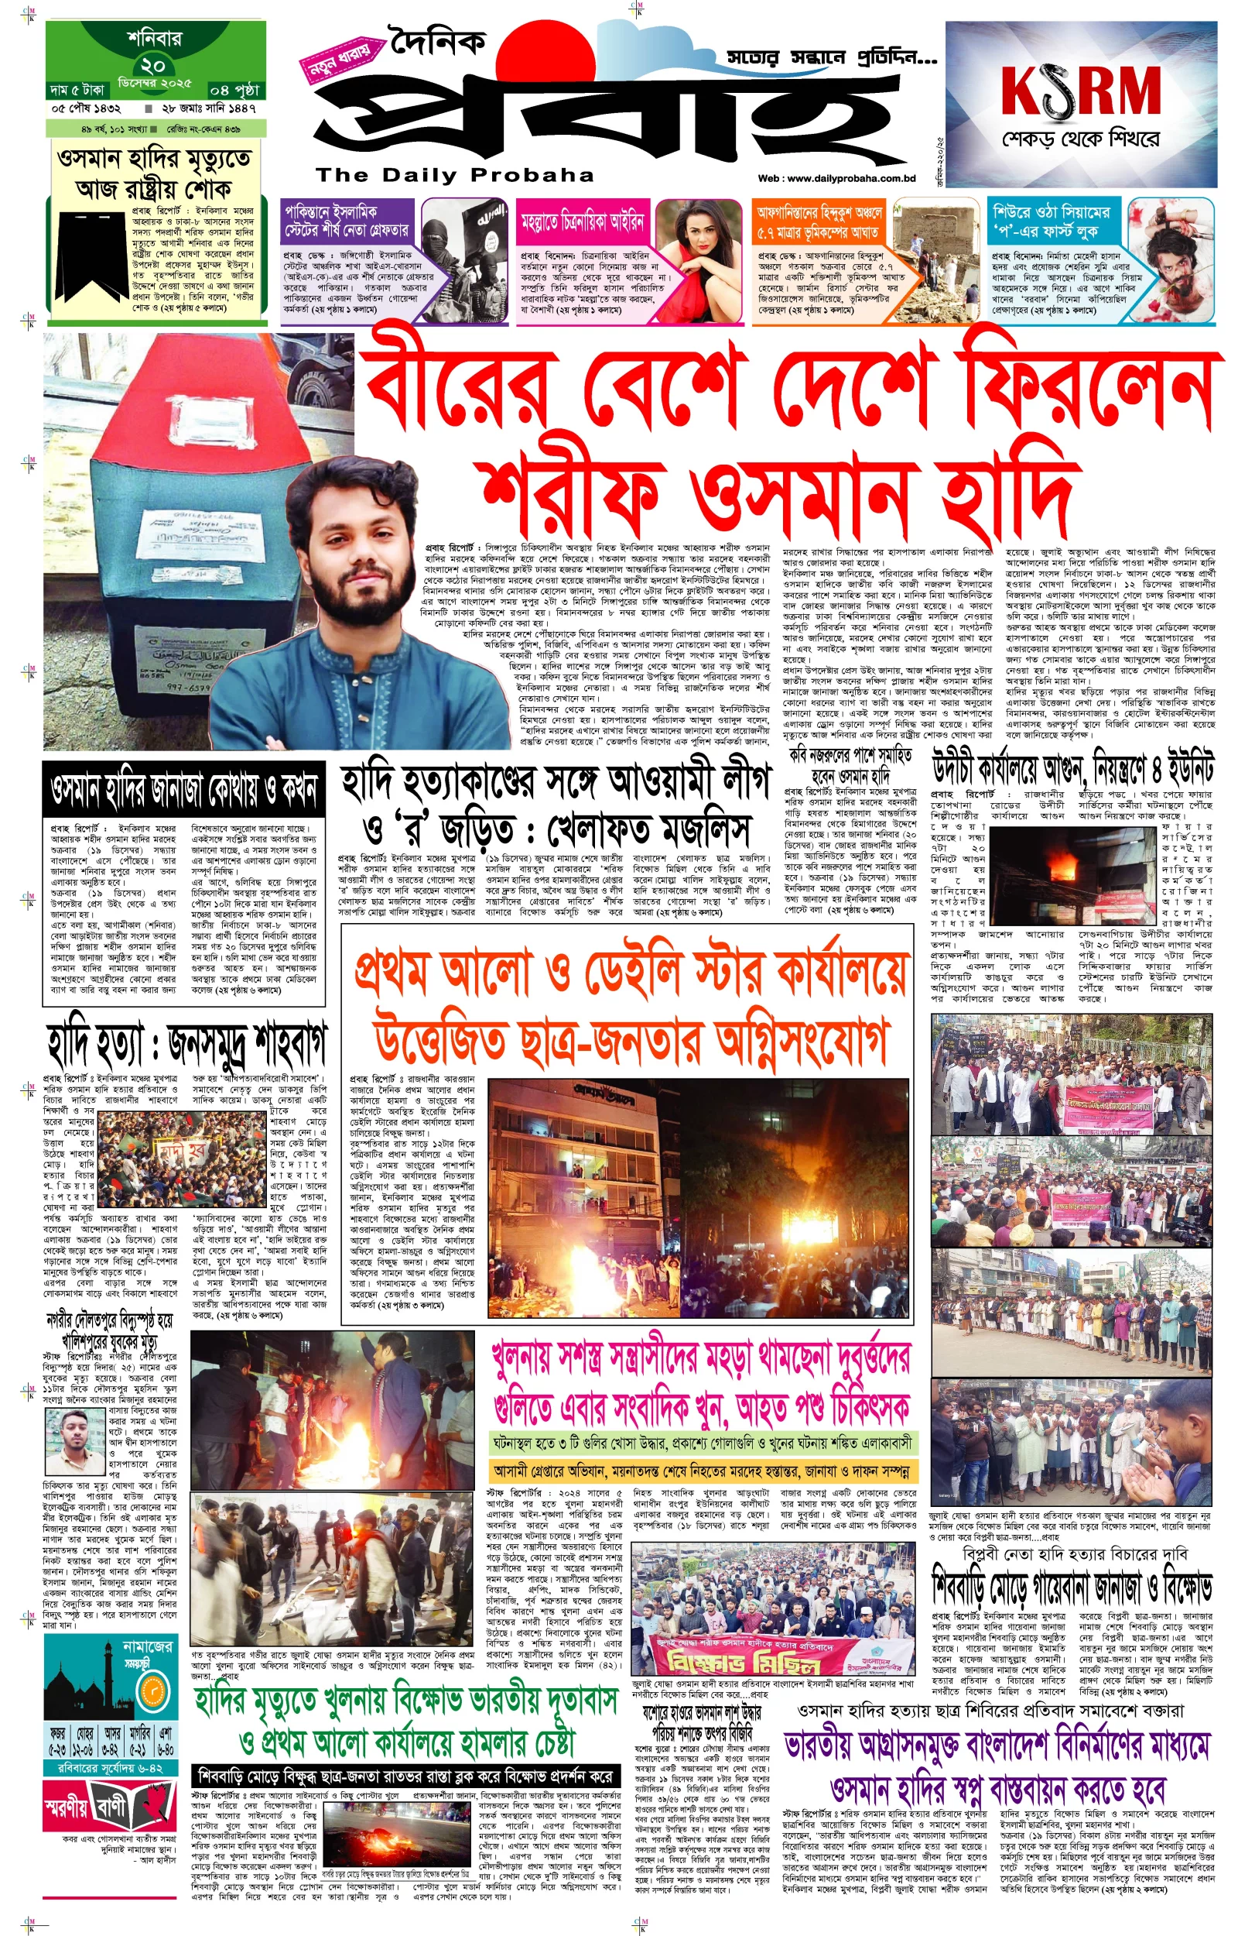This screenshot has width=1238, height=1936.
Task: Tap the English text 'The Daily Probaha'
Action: [454, 175]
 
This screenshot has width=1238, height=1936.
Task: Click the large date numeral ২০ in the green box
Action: [152, 64]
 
